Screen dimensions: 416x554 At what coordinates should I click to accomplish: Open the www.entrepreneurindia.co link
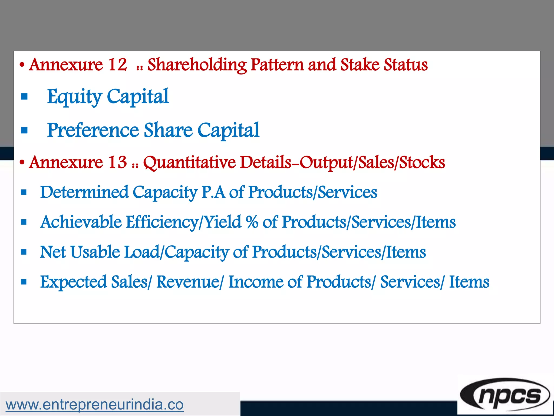pyautogui.click(x=94, y=405)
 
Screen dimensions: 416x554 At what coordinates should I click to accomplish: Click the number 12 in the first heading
pyautogui.click(x=117, y=65)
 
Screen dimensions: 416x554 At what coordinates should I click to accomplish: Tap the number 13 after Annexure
pyautogui.click(x=117, y=162)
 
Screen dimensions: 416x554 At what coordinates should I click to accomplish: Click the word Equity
pyautogui.click(x=74, y=97)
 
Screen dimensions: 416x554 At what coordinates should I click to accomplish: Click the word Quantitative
pyautogui.click(x=189, y=162)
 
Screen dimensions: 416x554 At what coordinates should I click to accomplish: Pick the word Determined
pyautogui.click(x=84, y=192)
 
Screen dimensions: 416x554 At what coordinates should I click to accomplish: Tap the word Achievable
pyautogui.click(x=81, y=222)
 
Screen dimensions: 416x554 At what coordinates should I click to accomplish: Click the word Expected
pyautogui.click(x=73, y=282)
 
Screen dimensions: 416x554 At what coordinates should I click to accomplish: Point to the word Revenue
pyautogui.click(x=188, y=282)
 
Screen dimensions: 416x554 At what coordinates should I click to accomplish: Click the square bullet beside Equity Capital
pyautogui.click(x=24, y=97)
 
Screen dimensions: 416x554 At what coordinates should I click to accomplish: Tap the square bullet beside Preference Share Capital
pyautogui.click(x=24, y=131)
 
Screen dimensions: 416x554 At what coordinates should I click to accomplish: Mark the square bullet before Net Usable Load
pyautogui.click(x=24, y=252)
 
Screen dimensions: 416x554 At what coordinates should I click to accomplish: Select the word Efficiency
pyautogui.click(x=162, y=222)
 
